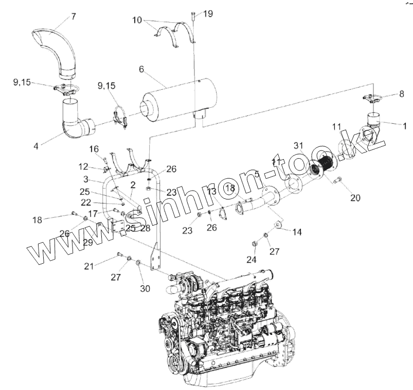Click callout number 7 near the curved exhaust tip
tap(74, 16)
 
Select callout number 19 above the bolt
tap(208, 14)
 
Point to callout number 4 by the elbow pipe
tap(36, 146)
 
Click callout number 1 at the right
tap(404, 125)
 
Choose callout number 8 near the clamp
tap(402, 94)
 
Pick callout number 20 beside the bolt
tap(356, 197)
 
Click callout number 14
tap(297, 232)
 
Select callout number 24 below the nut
tap(251, 260)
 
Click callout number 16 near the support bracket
tap(94, 149)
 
